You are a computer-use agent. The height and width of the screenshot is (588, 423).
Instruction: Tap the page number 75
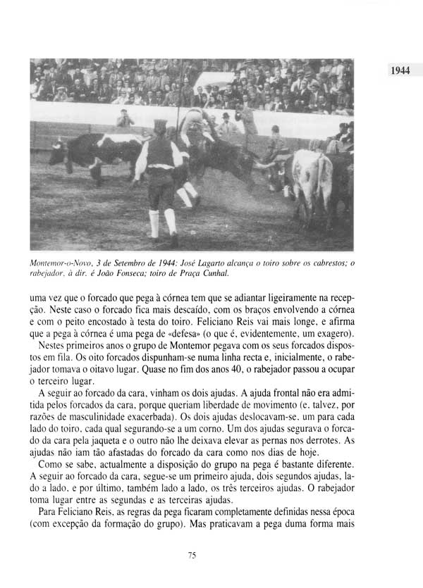192,556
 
